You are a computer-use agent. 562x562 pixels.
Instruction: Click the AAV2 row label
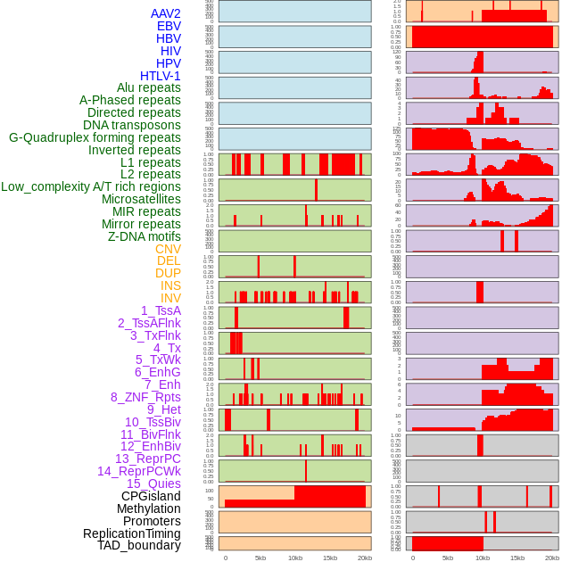(x=165, y=13)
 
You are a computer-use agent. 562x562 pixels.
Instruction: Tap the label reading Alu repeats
(x=148, y=87)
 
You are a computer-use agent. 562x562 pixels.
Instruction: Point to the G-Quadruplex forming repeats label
(x=95, y=137)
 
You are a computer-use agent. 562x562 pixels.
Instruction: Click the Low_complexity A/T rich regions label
(x=91, y=186)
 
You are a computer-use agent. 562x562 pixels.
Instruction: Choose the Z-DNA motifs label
(x=144, y=236)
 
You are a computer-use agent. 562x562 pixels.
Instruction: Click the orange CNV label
(x=168, y=249)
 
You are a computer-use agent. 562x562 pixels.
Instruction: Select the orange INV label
(x=170, y=298)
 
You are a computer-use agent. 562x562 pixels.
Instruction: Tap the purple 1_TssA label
(x=161, y=310)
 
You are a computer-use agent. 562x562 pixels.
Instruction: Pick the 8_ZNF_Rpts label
(x=145, y=397)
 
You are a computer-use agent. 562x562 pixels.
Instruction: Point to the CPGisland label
(x=151, y=496)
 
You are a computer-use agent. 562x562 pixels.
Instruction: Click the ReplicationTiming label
(x=131, y=533)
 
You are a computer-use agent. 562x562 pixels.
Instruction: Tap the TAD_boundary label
(x=139, y=545)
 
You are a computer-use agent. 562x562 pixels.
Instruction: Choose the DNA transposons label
(x=132, y=125)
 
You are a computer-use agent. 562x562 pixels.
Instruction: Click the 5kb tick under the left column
(x=260, y=558)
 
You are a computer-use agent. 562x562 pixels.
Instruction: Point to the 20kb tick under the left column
(x=364, y=558)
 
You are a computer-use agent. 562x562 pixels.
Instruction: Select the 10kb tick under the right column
(x=483, y=558)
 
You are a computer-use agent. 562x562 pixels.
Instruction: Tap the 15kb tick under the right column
(x=517, y=558)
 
